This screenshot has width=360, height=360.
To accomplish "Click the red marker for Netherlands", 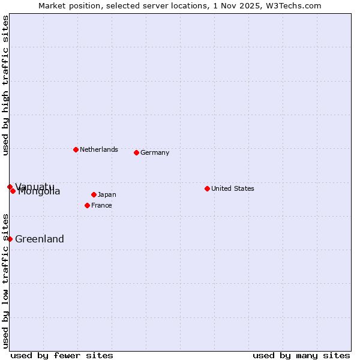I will tap(76, 149).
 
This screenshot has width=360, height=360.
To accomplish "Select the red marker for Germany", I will tap(136, 152).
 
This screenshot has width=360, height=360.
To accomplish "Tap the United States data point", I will tap(207, 188).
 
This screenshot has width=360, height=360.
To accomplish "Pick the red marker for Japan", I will tap(94, 194).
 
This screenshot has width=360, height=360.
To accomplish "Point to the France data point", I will tap(87, 205).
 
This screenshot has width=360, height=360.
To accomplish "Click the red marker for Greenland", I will tap(10, 239).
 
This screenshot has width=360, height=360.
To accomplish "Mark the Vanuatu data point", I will tap(10, 187).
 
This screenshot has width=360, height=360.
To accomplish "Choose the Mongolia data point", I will tap(13, 191).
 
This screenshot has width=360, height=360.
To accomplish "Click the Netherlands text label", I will tap(98, 149).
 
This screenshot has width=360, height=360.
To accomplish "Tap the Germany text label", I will tap(155, 152).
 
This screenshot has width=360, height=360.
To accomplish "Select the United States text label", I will tap(232, 188).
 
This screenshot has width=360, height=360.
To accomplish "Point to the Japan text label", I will tap(107, 194).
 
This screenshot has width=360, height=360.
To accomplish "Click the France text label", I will tap(101, 205).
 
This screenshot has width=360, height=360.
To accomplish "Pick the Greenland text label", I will tap(40, 239).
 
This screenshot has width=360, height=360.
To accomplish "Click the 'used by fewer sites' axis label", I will tap(62, 355).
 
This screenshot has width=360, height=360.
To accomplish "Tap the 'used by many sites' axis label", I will tap(301, 355).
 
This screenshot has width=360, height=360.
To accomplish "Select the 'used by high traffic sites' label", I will tap(5, 85).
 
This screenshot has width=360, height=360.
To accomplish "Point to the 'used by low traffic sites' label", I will tap(5, 280).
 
